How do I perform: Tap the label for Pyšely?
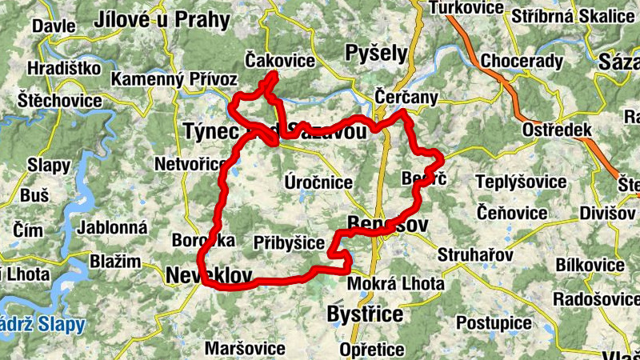[376, 53]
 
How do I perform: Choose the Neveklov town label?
[210, 276]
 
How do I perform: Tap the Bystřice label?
[365, 314]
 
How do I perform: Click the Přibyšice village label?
[289, 242]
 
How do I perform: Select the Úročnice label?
[318, 182]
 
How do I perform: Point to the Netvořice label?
[190, 165]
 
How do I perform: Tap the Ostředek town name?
[557, 130]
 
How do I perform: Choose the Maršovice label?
[245, 348]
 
